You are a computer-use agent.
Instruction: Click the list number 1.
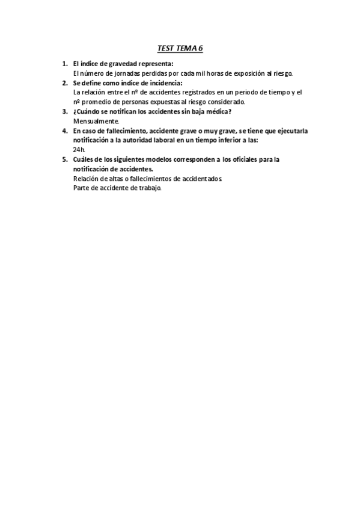pyautogui.click(x=64, y=63)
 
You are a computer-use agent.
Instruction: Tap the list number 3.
pyautogui.click(x=64, y=111)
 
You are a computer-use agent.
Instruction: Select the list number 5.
pyautogui.click(x=64, y=159)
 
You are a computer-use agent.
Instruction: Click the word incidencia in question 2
pyautogui.click(x=161, y=82)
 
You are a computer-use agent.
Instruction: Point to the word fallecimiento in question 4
pyautogui.click(x=123, y=131)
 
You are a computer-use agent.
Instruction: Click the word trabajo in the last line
pyautogui.click(x=148, y=188)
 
